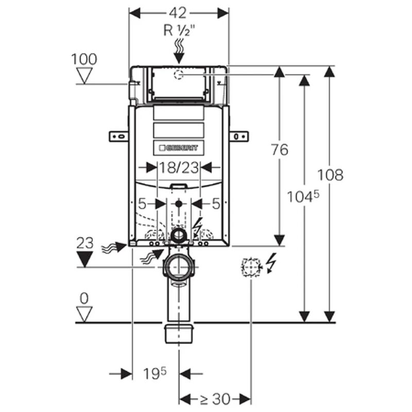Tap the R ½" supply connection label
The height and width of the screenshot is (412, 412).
(178, 30)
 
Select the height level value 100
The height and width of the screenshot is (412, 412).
(84, 59)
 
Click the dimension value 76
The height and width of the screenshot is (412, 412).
(280, 150)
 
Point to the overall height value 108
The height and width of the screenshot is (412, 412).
(330, 175)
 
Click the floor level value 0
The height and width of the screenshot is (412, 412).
(84, 298)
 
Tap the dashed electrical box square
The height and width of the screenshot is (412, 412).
(251, 267)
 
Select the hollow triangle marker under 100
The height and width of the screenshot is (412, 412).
(83, 76)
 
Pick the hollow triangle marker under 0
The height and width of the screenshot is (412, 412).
(84, 313)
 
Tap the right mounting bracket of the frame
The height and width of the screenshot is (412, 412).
(238, 136)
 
